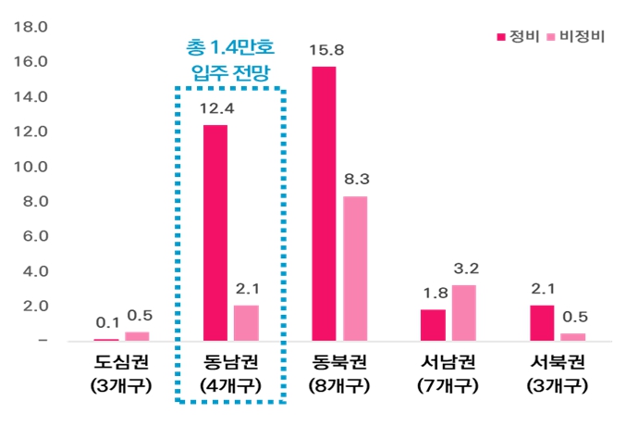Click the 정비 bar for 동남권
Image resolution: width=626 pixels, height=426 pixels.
[215, 232]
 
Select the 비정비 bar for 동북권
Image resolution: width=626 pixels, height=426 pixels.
[355, 269]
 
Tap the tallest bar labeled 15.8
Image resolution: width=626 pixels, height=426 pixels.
[324, 204]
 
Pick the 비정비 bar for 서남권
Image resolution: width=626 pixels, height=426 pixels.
[464, 313]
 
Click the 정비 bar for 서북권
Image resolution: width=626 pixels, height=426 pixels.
[542, 322]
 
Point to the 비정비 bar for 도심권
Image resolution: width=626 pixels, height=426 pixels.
[137, 336]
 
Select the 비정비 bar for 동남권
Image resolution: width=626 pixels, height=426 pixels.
[246, 322]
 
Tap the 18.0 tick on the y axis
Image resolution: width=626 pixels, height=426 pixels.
[31, 27]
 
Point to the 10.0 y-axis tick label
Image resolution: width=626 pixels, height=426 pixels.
[31, 167]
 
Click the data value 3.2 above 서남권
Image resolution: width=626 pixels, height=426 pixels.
[464, 269]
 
